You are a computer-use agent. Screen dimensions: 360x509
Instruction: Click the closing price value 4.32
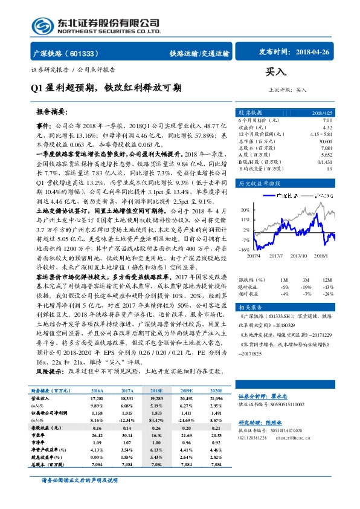click(x=327, y=128)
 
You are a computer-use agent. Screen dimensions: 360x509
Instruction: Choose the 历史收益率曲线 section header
click(x=260, y=183)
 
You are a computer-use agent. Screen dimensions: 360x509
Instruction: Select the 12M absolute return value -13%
click(x=327, y=287)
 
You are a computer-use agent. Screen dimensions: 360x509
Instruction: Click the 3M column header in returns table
click(x=306, y=280)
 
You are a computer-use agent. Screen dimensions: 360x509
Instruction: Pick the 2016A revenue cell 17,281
click(x=97, y=399)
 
